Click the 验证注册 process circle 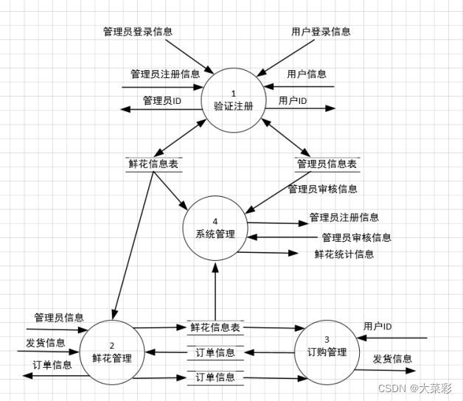(x=234, y=100)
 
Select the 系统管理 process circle (x=215, y=228)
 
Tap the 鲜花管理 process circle (x=112, y=352)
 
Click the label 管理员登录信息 (x=138, y=32)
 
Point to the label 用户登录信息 (x=321, y=32)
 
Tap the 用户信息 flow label (x=307, y=74)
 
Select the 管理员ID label (x=162, y=100)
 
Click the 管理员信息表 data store (x=327, y=164)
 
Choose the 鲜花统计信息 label (x=344, y=254)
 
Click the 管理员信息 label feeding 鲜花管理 (x=59, y=318)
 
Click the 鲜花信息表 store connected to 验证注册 (x=153, y=164)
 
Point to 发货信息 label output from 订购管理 (x=392, y=359)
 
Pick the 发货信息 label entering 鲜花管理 (x=46, y=343)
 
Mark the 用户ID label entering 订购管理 (x=377, y=327)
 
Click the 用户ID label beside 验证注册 (x=293, y=100)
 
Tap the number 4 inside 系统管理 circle (x=215, y=221)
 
